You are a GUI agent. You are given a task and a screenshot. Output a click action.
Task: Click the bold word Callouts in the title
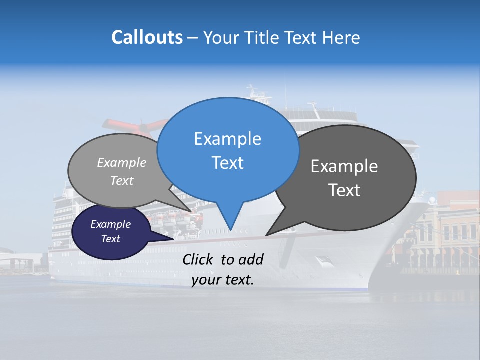click(147, 37)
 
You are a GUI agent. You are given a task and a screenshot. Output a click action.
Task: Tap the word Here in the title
click(342, 37)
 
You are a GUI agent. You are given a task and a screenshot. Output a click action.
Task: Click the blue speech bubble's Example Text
click(227, 150)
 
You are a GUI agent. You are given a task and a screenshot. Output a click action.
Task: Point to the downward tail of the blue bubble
click(230, 220)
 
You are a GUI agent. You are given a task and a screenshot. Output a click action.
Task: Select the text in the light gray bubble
click(122, 171)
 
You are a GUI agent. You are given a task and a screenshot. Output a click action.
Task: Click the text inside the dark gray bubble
click(344, 178)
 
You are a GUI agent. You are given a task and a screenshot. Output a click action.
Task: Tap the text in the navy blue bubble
click(110, 231)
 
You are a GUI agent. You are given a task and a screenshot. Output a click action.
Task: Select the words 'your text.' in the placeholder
click(223, 280)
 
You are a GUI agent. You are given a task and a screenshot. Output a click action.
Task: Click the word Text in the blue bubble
click(227, 163)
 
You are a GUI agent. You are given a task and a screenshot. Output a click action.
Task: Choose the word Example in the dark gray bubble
click(344, 166)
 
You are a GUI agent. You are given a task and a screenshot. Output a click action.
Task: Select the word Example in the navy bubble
click(110, 224)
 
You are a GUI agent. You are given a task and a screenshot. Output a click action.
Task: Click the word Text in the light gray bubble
click(122, 180)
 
